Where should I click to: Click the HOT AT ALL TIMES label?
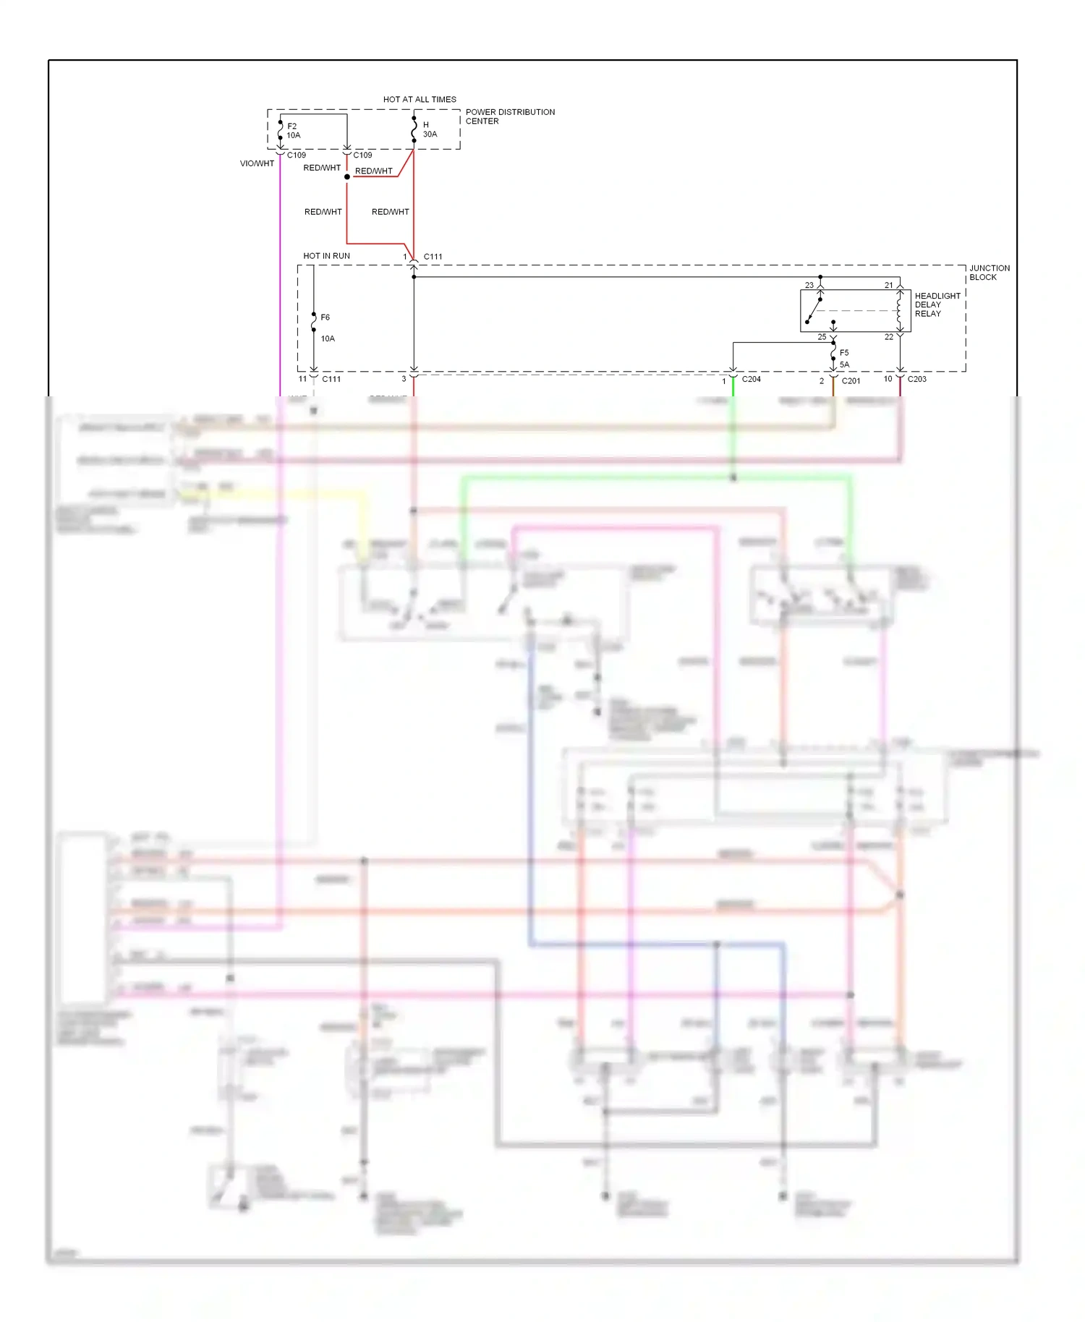[420, 99]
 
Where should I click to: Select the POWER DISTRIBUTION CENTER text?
[510, 116]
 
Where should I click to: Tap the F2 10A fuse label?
[293, 131]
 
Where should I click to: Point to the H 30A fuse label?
[430, 129]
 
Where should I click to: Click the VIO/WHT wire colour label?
[257, 163]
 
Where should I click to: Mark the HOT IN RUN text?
[326, 256]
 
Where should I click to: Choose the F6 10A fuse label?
[327, 328]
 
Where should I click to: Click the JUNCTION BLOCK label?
[989, 273]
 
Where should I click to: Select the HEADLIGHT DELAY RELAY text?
[937, 304]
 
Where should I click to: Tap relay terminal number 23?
[809, 285]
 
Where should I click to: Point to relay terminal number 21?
[889, 285]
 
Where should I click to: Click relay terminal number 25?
[822, 337]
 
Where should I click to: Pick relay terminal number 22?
[889, 337]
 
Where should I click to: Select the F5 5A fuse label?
[844, 359]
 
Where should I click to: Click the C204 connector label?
[751, 379]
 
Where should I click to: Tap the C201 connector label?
[851, 380]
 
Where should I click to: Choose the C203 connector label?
[916, 379]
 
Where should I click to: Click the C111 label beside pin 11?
[331, 379]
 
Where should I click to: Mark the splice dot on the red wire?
[347, 176]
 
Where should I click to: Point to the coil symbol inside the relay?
[899, 310]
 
